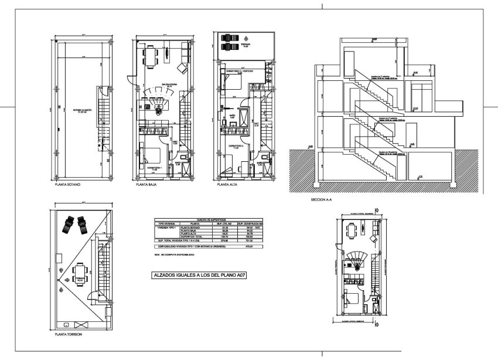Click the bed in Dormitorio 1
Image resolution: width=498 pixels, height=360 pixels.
(x=154, y=155)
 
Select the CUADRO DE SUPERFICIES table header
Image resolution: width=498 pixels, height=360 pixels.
(x=207, y=219)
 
